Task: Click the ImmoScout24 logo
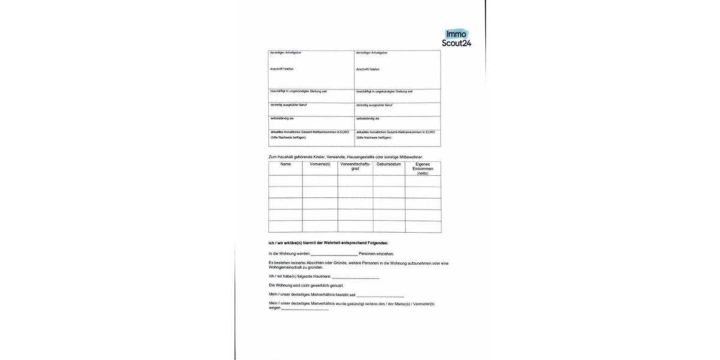[457, 38]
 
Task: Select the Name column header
[286, 164]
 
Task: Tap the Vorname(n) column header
[320, 164]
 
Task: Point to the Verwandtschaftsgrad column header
[355, 166]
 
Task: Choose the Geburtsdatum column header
[389, 164]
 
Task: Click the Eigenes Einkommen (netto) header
[422, 168]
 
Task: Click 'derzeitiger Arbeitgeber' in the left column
[286, 53]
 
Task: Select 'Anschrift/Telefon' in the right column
[368, 69]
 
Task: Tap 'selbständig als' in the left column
[282, 118]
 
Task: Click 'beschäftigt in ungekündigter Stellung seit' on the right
[384, 91]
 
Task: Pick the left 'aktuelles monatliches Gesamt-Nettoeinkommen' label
[310, 131]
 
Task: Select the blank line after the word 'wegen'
[305, 309]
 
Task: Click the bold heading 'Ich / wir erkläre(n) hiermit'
[328, 243]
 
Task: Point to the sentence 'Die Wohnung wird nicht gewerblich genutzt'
[306, 285]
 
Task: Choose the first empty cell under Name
[286, 181]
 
